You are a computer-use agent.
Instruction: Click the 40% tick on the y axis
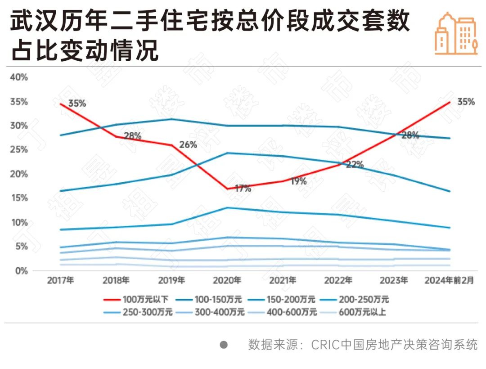click(19, 77)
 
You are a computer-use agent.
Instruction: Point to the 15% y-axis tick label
click(19, 198)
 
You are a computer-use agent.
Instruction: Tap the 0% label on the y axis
click(22, 271)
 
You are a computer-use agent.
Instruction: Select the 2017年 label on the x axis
click(60, 280)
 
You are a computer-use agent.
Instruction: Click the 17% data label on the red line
click(243, 189)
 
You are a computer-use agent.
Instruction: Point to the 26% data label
click(188, 145)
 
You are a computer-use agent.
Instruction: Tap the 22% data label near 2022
click(355, 165)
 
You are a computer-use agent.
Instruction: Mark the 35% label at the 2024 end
click(466, 102)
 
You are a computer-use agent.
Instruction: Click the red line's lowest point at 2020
click(227, 189)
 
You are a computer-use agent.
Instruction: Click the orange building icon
click(456, 34)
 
